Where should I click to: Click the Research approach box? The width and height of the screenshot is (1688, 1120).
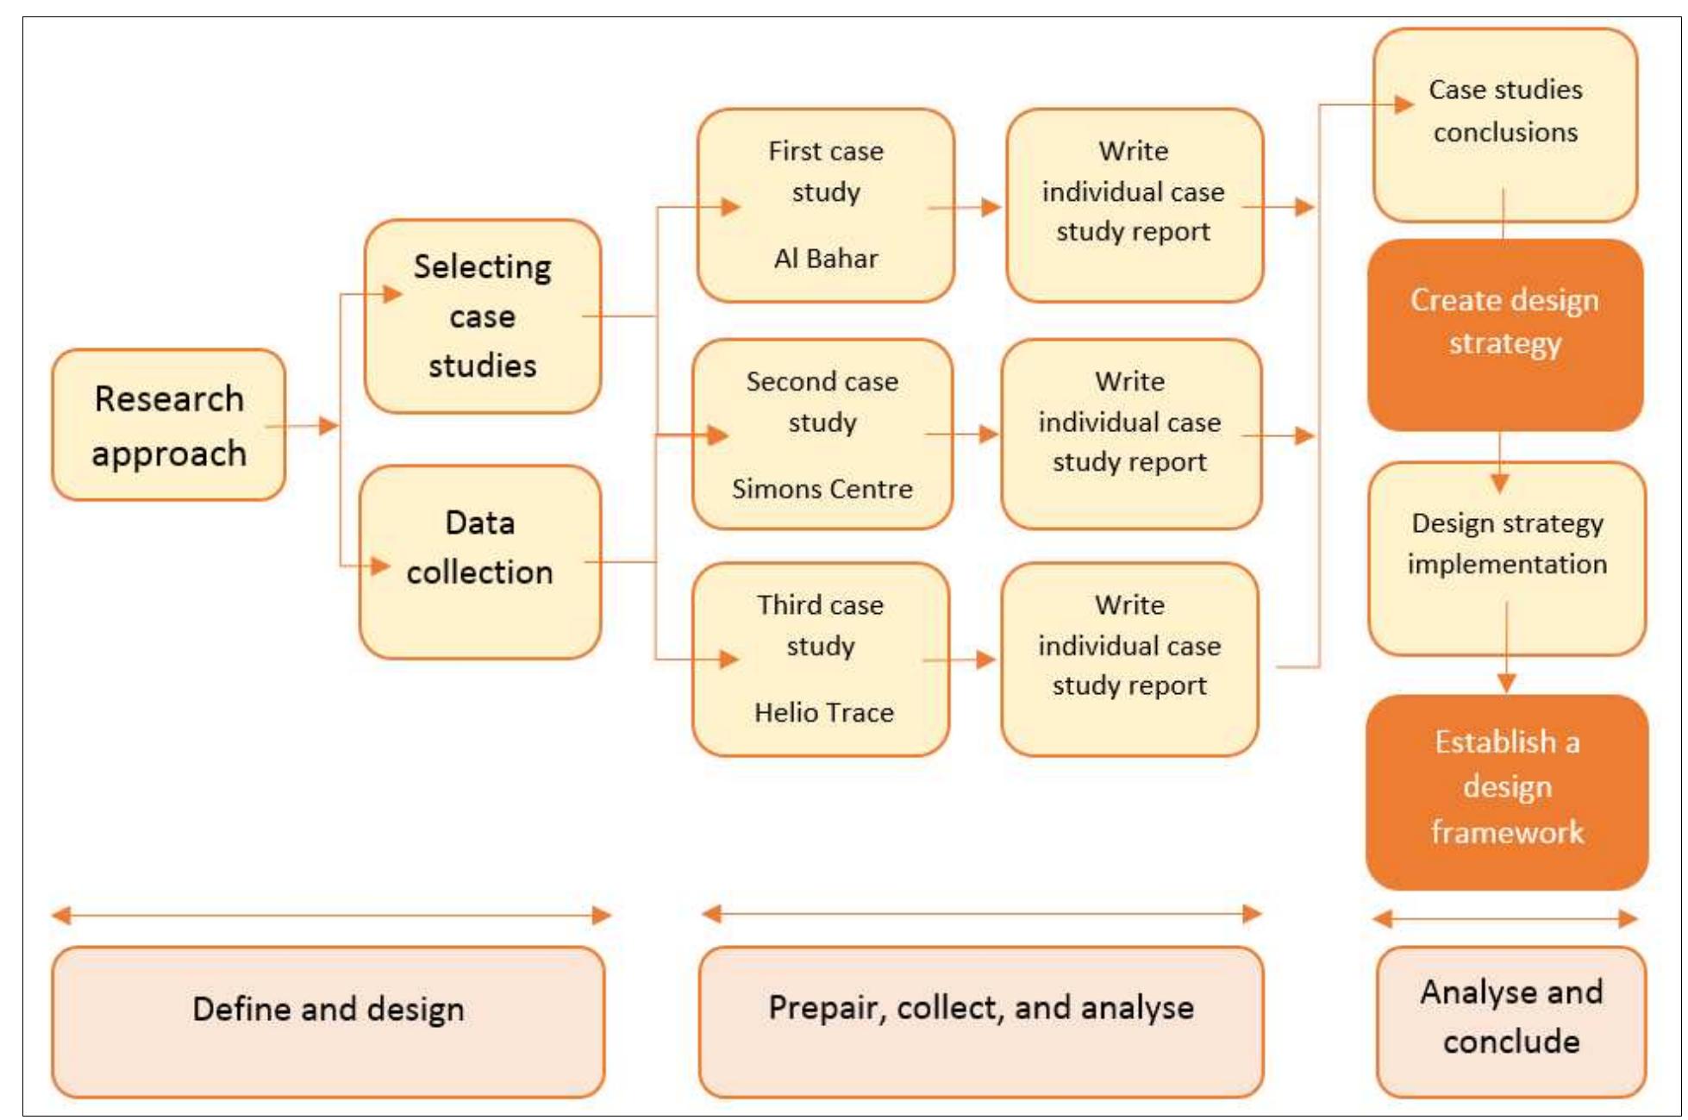tap(169, 425)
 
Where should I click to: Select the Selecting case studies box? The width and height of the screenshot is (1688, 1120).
tap(483, 316)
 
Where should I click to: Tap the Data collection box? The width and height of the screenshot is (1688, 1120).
tap(480, 561)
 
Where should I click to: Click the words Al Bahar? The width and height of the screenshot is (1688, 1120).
tap(826, 259)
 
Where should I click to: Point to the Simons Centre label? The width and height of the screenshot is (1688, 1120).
tap(822, 489)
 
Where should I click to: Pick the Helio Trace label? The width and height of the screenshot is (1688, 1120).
tap(823, 712)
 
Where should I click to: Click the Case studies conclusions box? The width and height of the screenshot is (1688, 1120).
tap(1505, 125)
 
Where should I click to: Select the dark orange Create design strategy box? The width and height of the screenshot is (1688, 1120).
tap(1505, 335)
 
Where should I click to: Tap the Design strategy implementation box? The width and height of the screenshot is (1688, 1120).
tap(1507, 559)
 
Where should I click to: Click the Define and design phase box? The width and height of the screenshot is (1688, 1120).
tap(328, 1022)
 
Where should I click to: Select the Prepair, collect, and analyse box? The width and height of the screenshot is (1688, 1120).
tap(981, 1022)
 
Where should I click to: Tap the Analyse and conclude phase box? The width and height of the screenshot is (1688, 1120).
tap(1511, 1022)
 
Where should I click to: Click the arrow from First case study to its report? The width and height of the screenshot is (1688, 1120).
tap(966, 207)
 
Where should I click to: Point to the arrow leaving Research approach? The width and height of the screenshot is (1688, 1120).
tap(303, 426)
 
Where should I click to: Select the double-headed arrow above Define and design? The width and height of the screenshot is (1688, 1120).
tap(331, 916)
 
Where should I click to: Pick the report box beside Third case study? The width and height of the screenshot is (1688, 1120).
tap(1129, 660)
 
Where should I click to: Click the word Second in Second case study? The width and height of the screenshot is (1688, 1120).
tap(779, 381)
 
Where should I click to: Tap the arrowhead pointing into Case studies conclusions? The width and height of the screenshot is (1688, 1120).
tap(1404, 105)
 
